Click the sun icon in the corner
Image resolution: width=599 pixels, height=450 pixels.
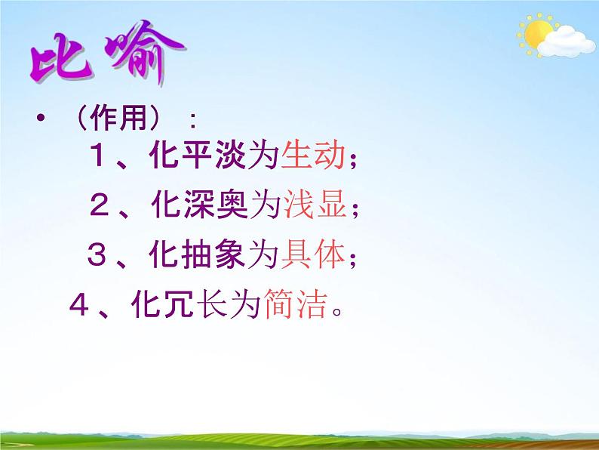point(536,35)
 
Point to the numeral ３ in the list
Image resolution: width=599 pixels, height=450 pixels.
point(99,257)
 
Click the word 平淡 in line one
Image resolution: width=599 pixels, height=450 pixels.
point(212,157)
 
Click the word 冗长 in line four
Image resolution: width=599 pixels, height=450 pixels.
point(195,307)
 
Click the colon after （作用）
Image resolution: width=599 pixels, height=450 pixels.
point(194,121)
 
